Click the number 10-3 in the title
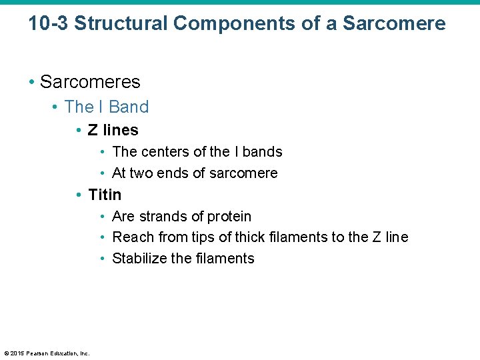[x=48, y=24]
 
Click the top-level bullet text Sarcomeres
[x=90, y=82]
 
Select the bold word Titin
[x=105, y=195]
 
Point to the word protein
[x=229, y=217]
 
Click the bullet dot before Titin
[x=79, y=195]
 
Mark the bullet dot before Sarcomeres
[x=31, y=82]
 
